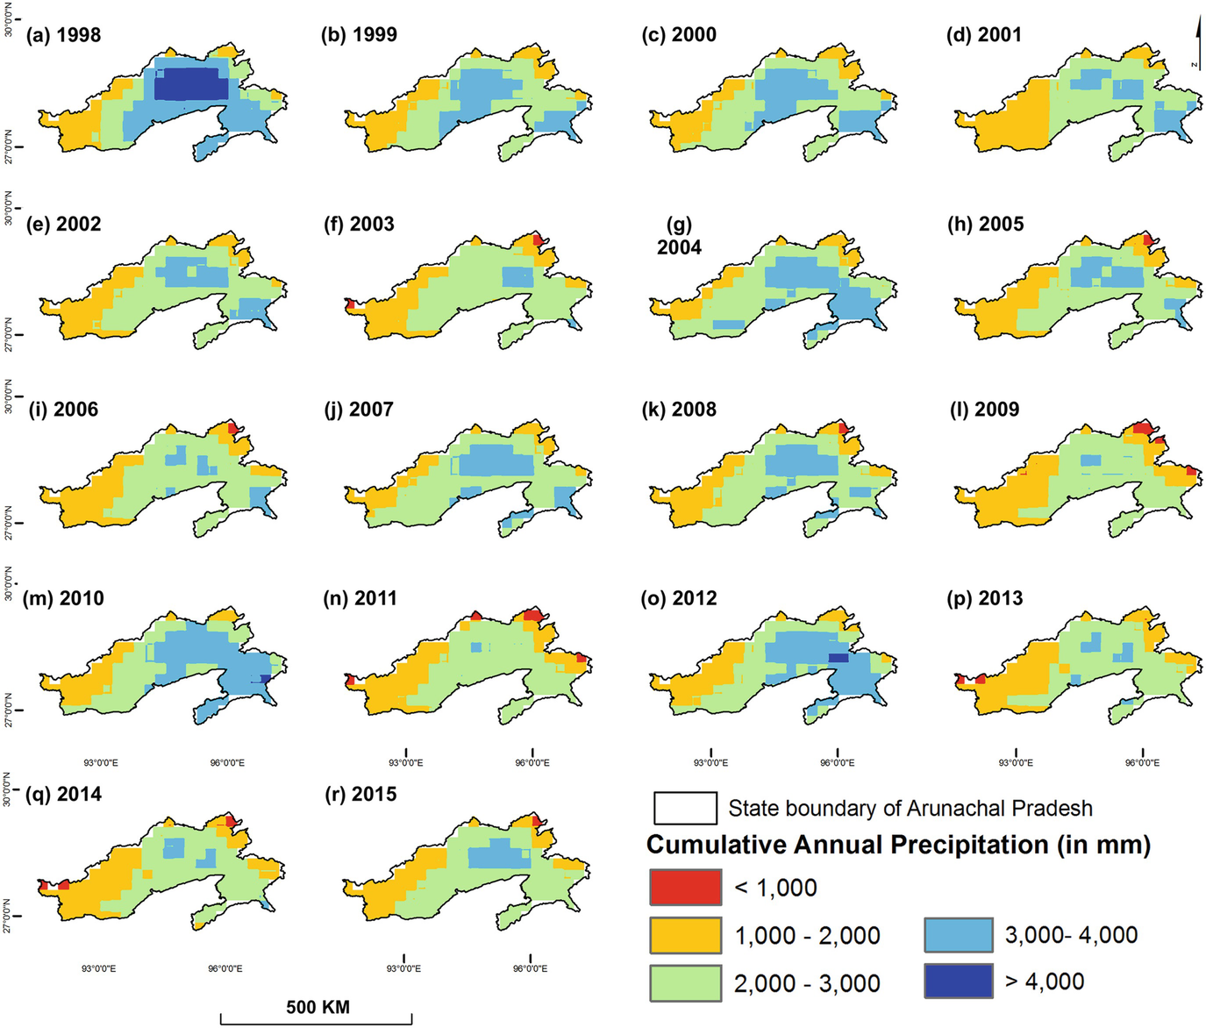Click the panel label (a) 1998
pyautogui.click(x=64, y=35)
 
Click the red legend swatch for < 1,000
pyautogui.click(x=685, y=887)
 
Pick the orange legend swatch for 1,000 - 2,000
pyautogui.click(x=685, y=935)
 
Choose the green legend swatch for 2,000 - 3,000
pyautogui.click(x=685, y=982)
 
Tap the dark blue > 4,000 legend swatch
pyautogui.click(x=958, y=982)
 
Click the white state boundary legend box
pyautogui.click(x=685, y=808)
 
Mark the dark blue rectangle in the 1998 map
pyautogui.click(x=190, y=85)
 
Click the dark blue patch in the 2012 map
pyautogui.click(x=838, y=657)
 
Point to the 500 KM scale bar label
pyautogui.click(x=318, y=1007)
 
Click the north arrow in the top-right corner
pyautogui.click(x=1197, y=44)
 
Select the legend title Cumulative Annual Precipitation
pyautogui.click(x=898, y=845)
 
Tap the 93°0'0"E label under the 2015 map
pyautogui.click(x=403, y=968)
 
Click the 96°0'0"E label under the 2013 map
pyautogui.click(x=1142, y=762)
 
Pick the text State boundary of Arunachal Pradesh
pyautogui.click(x=910, y=808)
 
